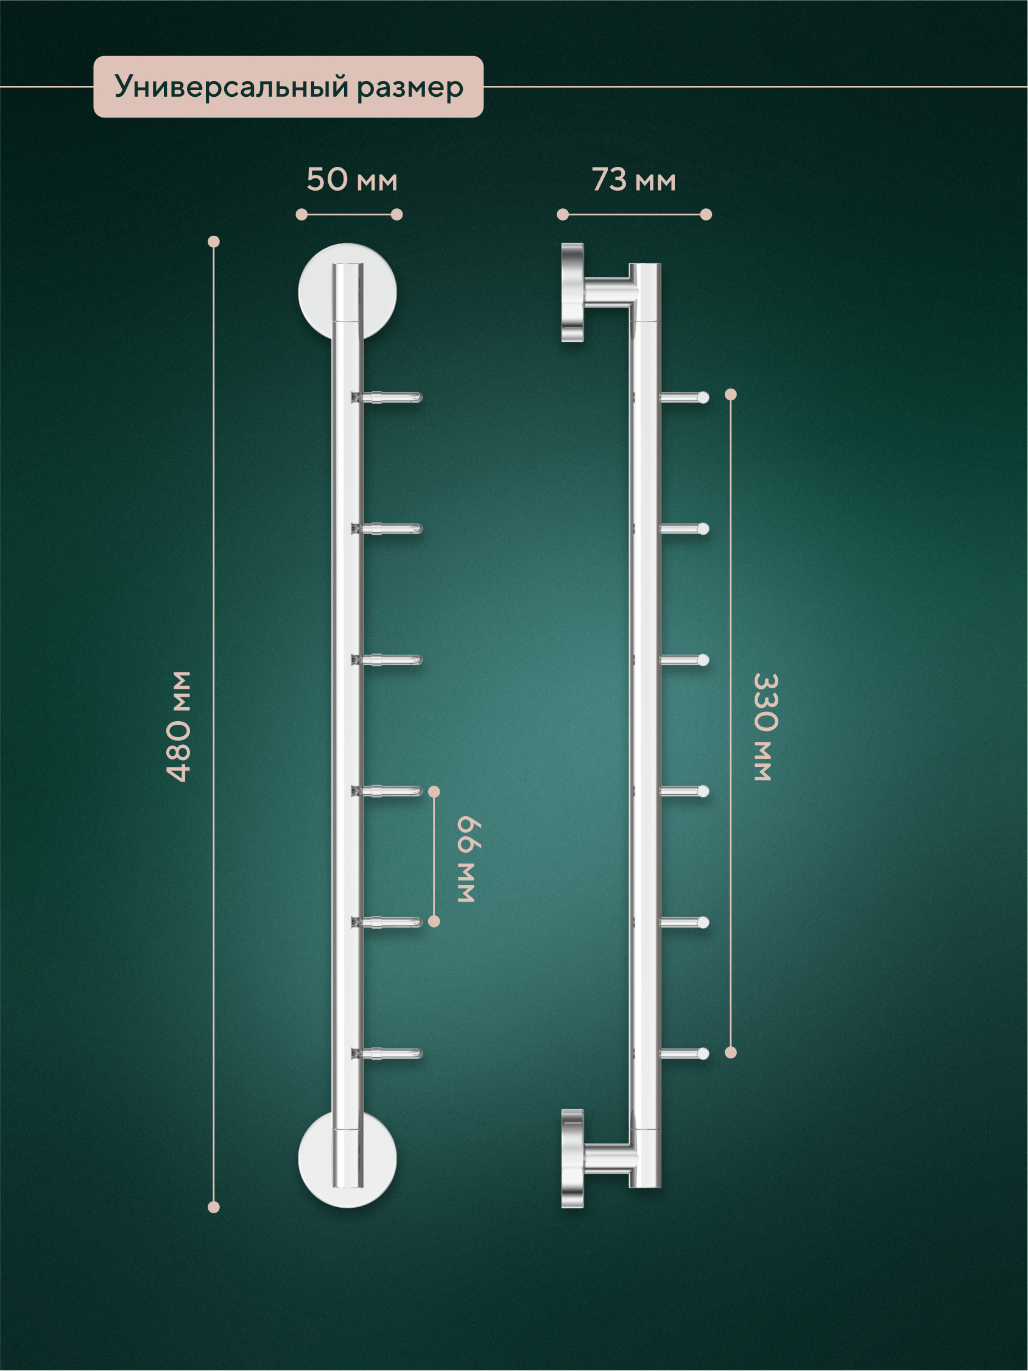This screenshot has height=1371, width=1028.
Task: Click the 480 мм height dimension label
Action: click(x=179, y=727)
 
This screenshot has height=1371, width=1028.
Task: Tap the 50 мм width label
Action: click(x=352, y=180)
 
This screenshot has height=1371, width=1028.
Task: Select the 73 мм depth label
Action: click(x=633, y=180)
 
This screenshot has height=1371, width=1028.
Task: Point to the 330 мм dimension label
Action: click(x=766, y=727)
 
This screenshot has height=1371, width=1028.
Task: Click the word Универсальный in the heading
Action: click(x=232, y=86)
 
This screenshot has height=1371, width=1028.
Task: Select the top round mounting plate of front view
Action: click(x=348, y=291)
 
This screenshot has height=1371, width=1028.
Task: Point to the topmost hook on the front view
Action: click(x=387, y=397)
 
